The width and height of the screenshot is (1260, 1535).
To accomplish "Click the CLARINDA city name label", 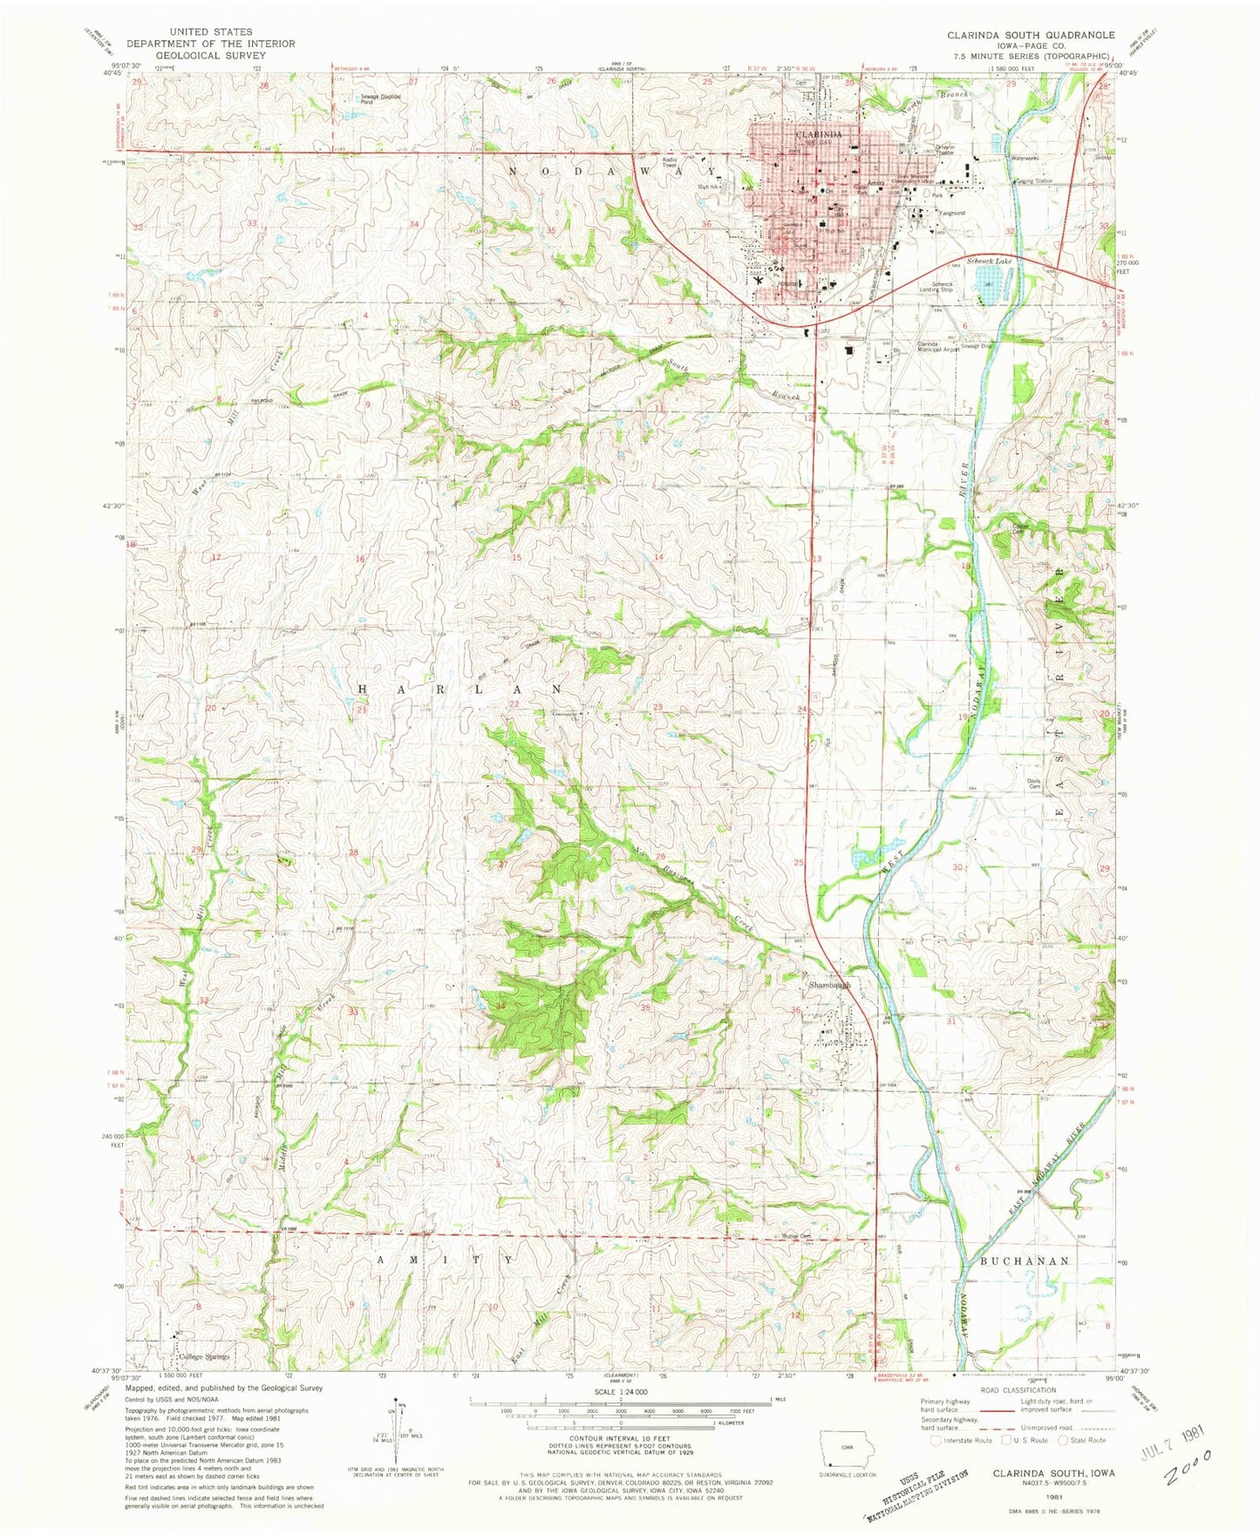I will [x=818, y=135].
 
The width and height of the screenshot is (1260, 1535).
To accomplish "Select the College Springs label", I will [x=203, y=1357].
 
